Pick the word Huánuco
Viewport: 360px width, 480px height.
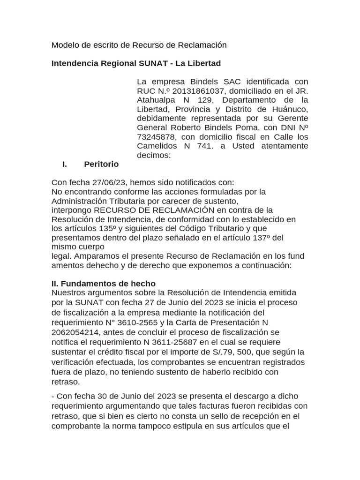pos(289,109)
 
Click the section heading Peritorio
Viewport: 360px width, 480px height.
pos(101,164)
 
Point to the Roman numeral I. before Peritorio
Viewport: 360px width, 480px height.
pos(65,164)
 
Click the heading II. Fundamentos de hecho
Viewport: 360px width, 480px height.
pos(103,284)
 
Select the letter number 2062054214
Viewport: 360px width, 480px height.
pos(75,332)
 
